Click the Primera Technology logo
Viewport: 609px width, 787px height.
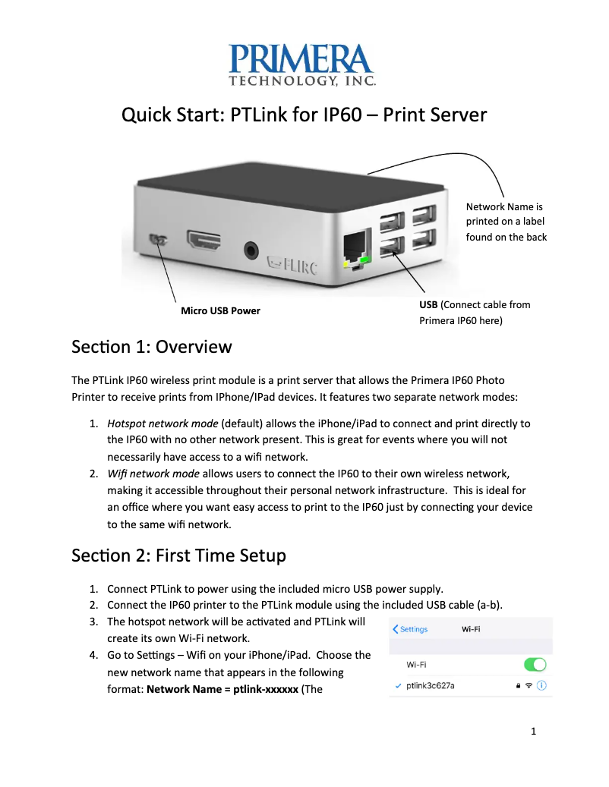point(304,64)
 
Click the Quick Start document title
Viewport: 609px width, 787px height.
point(304,115)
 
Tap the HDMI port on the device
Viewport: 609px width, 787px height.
point(204,242)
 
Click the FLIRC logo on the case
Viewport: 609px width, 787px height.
point(292,265)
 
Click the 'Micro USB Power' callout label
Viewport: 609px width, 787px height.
point(220,310)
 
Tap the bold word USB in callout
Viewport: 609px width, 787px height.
point(429,304)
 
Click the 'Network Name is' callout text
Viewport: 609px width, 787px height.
point(504,206)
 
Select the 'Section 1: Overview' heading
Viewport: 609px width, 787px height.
point(151,347)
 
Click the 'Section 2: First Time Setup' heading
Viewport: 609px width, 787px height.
point(178,556)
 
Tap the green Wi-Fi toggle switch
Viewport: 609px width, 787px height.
point(535,664)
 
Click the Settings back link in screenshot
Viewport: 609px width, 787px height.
point(411,629)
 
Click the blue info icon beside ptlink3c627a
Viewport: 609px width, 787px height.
point(543,685)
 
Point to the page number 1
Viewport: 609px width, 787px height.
point(534,732)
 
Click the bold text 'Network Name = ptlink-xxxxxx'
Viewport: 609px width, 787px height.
point(222,691)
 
